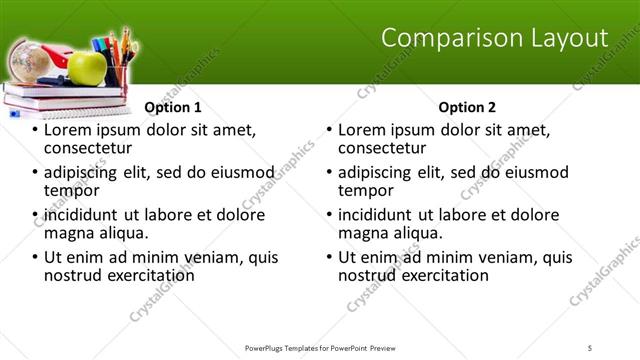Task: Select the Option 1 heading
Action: (x=173, y=107)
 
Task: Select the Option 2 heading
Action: (x=467, y=107)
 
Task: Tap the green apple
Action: (x=88, y=67)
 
